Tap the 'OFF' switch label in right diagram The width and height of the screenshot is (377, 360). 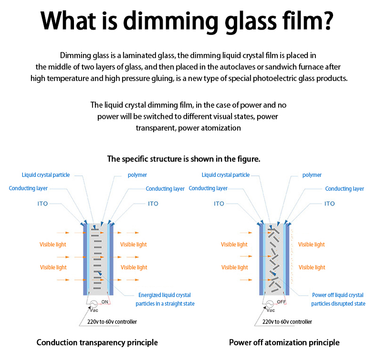tap(281, 302)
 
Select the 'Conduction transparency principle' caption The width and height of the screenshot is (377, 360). tap(97, 342)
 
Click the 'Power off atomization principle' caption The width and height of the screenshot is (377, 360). tap(284, 342)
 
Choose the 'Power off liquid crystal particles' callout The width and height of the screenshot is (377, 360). tap(338, 299)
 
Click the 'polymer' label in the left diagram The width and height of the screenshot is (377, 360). tap(137, 175)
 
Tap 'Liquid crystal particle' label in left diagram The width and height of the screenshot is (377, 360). tap(46, 175)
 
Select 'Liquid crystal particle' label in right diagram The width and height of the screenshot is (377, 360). tap(226, 175)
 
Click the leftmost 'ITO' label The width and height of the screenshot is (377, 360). tap(42, 204)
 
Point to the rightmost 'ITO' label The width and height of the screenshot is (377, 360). tap(330, 204)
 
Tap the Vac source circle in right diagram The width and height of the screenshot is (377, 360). tap(270, 304)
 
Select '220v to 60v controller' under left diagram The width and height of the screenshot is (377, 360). tap(112, 322)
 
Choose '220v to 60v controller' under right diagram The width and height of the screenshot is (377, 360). tap(287, 322)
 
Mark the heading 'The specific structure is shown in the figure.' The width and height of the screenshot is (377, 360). tap(184, 159)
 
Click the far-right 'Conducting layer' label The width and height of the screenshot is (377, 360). tap(345, 189)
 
